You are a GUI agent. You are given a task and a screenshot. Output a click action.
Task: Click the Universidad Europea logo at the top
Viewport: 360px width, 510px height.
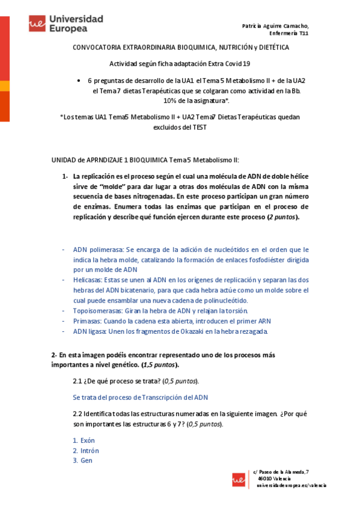66,23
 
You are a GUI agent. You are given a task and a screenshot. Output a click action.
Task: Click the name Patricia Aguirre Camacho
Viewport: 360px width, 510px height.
275,26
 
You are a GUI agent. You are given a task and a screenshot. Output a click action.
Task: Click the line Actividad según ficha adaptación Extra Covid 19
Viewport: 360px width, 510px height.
180,63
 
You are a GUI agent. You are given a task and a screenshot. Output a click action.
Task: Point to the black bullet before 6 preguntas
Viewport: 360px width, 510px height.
79,80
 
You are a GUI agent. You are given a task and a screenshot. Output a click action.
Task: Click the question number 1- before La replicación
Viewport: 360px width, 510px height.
65,176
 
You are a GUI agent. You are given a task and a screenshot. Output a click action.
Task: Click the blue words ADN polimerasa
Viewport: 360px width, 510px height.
98,249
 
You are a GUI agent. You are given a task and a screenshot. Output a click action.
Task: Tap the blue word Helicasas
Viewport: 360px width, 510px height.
87,280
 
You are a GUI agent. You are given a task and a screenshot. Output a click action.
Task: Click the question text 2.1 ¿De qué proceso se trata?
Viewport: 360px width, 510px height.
136,381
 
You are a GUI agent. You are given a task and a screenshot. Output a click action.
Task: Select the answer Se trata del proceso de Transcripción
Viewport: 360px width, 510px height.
140,397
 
